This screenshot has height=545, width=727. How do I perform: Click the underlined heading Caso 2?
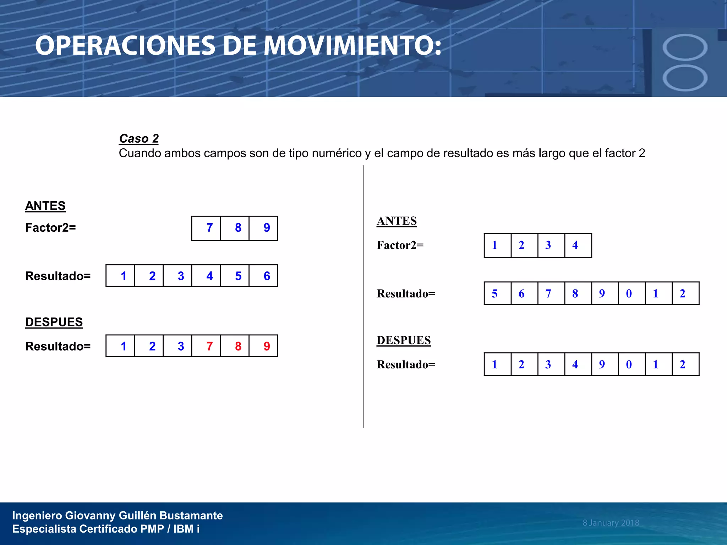click(139, 138)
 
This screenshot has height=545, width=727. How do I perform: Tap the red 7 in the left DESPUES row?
click(209, 346)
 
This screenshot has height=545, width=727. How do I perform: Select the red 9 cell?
click(267, 346)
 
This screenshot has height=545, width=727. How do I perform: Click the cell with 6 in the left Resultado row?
click(267, 276)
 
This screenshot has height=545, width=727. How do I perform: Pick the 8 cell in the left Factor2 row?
click(238, 228)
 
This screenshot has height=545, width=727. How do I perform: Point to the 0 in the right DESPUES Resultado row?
click(629, 364)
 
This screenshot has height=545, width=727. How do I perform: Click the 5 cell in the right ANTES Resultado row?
click(494, 293)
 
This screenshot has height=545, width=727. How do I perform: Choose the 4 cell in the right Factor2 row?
click(575, 245)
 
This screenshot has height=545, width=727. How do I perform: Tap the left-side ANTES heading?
click(45, 206)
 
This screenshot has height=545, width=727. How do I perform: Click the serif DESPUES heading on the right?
click(404, 340)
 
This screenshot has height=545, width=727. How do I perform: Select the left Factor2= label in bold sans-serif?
click(50, 228)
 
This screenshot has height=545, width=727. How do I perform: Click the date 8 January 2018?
click(611, 523)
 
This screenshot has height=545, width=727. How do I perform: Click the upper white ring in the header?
click(685, 47)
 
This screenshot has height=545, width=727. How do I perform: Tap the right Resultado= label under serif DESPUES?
click(406, 365)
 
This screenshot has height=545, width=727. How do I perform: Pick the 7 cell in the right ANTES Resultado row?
click(548, 293)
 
